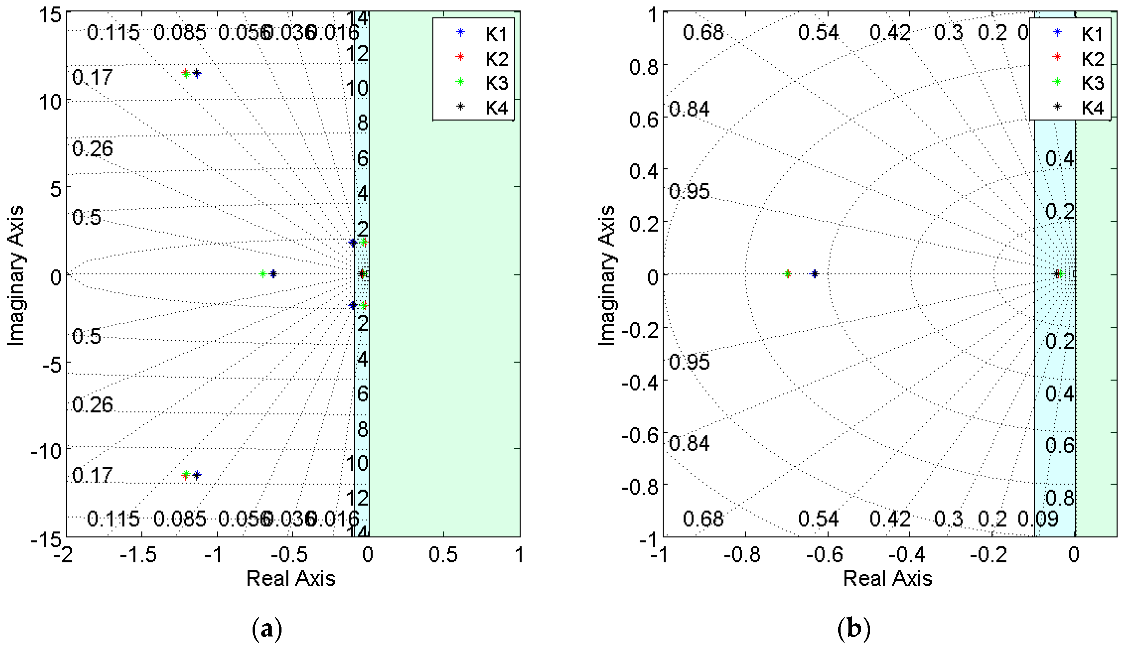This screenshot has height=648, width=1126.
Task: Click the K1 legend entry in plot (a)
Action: [x=496, y=34]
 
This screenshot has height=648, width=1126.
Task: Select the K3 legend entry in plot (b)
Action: [x=1092, y=83]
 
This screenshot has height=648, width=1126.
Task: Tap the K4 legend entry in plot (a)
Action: [x=496, y=108]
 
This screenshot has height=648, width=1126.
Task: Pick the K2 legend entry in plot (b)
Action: [x=1092, y=59]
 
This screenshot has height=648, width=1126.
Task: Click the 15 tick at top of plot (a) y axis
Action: [x=50, y=15]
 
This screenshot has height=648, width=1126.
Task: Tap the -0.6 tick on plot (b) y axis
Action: [x=639, y=435]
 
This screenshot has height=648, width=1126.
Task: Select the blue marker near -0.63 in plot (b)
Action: [x=814, y=274]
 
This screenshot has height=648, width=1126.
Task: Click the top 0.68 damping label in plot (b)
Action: [x=703, y=33]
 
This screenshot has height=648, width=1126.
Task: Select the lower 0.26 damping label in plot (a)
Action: [x=92, y=405]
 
